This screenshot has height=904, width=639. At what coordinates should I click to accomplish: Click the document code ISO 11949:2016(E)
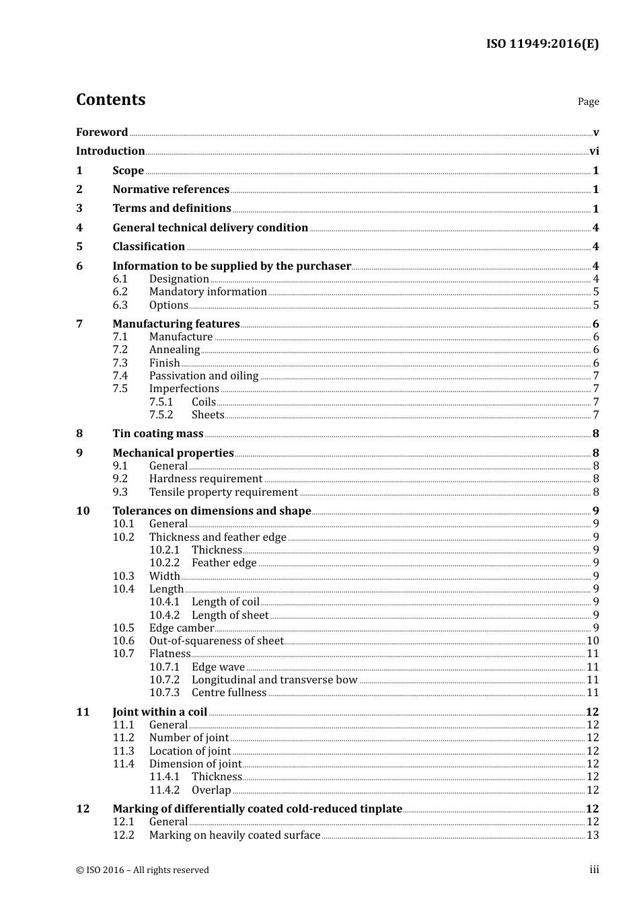[542, 44]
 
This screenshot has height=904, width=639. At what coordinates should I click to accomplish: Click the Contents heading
[110, 100]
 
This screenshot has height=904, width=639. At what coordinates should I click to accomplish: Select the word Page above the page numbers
[588, 102]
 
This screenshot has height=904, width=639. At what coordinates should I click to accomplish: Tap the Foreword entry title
[102, 132]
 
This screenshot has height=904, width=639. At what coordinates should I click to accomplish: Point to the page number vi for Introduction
[594, 151]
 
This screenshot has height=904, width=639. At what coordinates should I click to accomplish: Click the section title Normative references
[171, 190]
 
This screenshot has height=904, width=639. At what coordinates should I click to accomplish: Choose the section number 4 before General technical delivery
[79, 227]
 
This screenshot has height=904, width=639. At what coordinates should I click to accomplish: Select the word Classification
[149, 247]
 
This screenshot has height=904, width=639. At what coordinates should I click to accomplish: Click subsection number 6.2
[120, 292]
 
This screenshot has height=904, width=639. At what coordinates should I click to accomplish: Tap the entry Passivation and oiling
[204, 376]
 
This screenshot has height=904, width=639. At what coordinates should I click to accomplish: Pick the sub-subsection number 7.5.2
[161, 415]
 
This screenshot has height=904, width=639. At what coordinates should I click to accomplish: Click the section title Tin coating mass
[158, 434]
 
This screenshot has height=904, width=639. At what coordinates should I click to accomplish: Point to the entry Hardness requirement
[206, 479]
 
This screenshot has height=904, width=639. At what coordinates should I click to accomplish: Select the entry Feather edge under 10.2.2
[224, 563]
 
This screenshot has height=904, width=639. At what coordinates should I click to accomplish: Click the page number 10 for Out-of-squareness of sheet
[593, 641]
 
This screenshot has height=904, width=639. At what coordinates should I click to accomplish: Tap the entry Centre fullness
[229, 693]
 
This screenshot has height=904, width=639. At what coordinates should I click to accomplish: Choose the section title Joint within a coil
[160, 712]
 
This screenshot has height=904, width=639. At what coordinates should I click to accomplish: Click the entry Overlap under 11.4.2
[211, 790]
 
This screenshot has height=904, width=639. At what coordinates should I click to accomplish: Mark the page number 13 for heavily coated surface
[593, 835]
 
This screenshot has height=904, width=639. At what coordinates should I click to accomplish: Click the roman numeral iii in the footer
[595, 870]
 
